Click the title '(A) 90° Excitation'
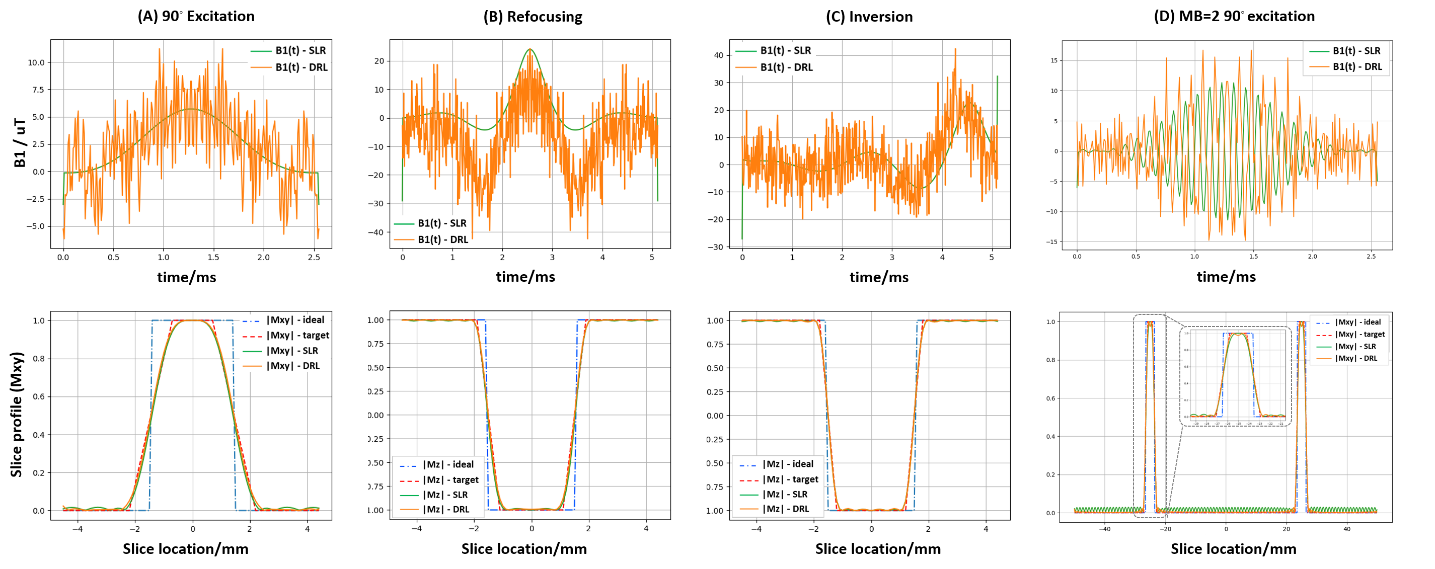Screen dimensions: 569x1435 click(196, 16)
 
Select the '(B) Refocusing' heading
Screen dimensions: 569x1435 click(533, 17)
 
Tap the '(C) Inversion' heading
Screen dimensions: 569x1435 click(869, 17)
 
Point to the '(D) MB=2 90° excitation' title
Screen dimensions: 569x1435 click(1234, 16)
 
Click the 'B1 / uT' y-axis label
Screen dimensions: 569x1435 click(20, 142)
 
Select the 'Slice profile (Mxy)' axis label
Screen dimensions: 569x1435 click(17, 414)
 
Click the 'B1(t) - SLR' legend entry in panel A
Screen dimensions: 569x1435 click(300, 51)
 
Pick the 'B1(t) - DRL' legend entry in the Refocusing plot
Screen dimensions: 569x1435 click(443, 239)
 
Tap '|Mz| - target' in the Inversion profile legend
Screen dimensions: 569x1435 click(790, 479)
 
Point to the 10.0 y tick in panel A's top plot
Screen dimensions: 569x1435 click(36, 62)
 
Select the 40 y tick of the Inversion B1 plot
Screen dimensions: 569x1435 click(719, 55)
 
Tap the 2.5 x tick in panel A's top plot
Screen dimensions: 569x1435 click(314, 257)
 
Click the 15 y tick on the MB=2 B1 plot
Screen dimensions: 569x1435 click(1054, 61)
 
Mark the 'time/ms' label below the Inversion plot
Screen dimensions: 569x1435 click(878, 277)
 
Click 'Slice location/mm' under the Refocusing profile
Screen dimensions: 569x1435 click(523, 549)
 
